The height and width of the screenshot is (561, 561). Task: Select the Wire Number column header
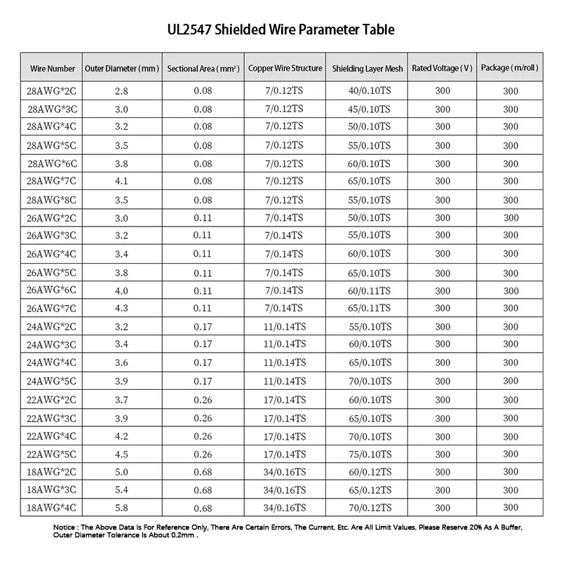pos(53,69)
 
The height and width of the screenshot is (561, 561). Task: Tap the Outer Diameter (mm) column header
pos(122,69)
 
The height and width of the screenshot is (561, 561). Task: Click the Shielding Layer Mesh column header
pos(367,69)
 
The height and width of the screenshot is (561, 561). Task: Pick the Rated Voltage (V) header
pos(442,69)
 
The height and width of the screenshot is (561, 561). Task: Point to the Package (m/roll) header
pos(511,69)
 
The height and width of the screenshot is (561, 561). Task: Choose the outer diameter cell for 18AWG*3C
pos(121,489)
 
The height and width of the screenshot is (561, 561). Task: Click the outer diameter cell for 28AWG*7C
pos(121,182)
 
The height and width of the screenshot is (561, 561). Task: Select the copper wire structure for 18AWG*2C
pos(285,472)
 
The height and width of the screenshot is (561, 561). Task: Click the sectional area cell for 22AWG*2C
pos(203,400)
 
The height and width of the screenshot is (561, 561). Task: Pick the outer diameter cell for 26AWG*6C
pos(121,290)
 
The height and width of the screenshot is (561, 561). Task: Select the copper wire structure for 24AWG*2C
pos(285,327)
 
